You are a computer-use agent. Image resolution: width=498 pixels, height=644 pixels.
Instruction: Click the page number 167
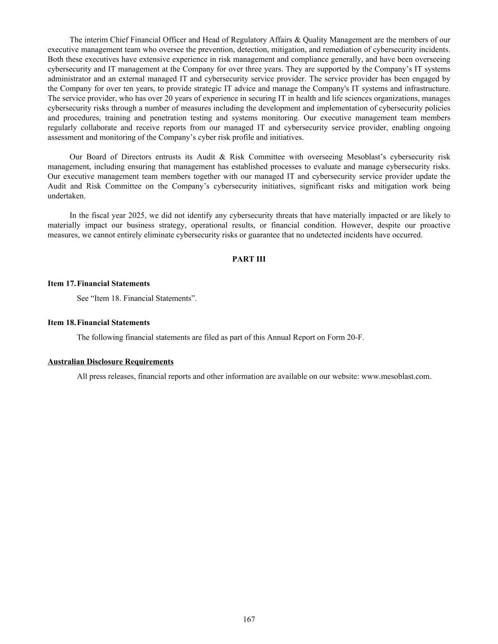[x=249, y=619]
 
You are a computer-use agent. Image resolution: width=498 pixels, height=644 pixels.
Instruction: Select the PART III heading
[x=249, y=259]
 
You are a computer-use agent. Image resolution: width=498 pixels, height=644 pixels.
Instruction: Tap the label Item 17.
[x=61, y=284]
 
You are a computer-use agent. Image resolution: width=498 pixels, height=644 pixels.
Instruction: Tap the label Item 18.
[x=61, y=323]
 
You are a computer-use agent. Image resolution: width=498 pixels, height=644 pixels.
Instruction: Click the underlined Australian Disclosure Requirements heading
[x=110, y=362]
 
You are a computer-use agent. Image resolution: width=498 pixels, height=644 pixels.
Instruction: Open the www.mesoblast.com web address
[x=396, y=376]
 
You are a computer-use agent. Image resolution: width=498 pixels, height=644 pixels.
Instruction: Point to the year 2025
[x=137, y=216]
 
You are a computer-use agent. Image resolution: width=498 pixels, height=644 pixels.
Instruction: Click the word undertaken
[x=66, y=196]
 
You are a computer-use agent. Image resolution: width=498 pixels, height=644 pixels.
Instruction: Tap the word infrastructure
[x=427, y=89]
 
